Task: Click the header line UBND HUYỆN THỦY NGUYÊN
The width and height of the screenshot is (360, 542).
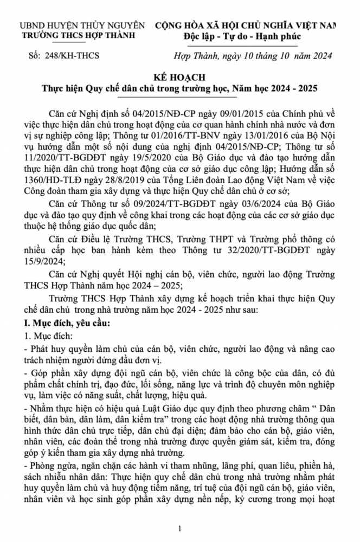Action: pyautogui.click(x=82, y=25)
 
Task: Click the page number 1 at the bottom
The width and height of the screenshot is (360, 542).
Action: pyautogui.click(x=180, y=527)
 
